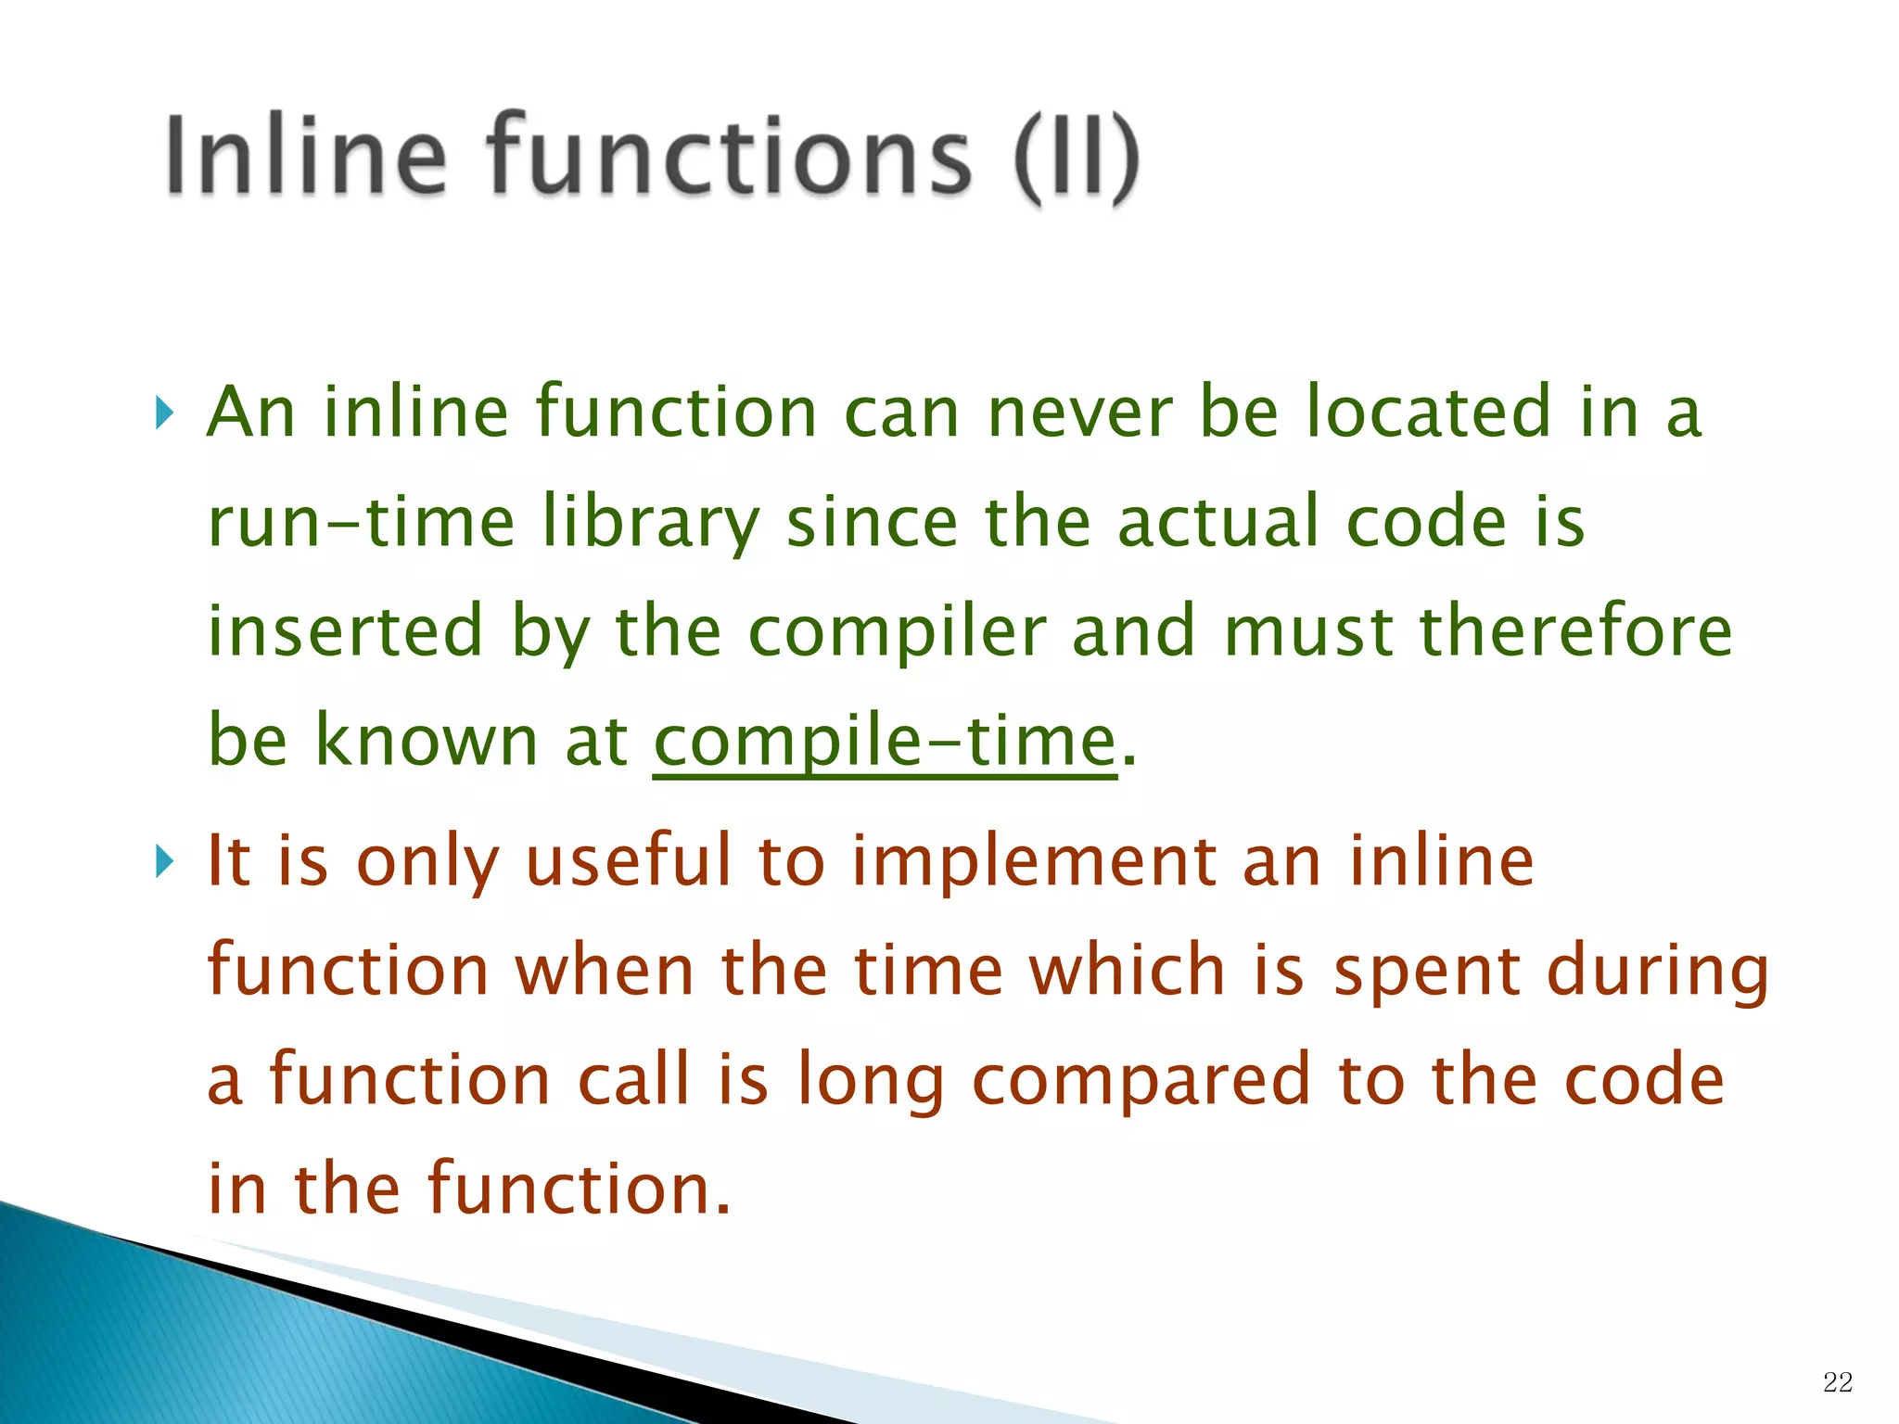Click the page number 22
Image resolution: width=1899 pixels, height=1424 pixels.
point(1837,1382)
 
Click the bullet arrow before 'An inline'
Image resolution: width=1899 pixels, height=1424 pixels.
point(164,413)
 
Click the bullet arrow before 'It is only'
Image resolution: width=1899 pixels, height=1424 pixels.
point(164,862)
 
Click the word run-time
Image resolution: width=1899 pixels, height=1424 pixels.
point(361,522)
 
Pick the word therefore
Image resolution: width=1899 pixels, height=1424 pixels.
point(1575,631)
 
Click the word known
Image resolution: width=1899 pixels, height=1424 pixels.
point(427,740)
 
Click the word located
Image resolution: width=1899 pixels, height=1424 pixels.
point(1428,413)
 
